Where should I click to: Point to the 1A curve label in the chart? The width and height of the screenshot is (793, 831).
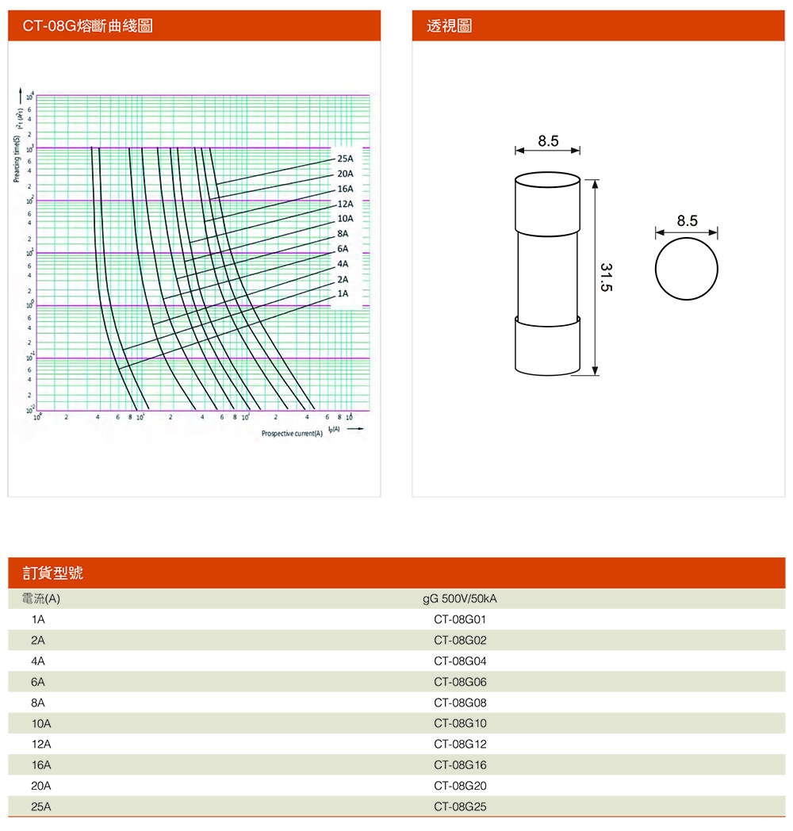pos(343,293)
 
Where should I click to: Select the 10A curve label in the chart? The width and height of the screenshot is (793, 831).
pos(345,218)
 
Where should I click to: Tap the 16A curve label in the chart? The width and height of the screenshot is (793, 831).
pos(345,189)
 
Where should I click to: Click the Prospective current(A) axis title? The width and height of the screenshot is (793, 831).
pos(293,434)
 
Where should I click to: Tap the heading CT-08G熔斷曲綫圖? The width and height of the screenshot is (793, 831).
pos(87,26)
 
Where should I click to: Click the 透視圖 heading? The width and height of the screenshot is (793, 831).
pos(449,26)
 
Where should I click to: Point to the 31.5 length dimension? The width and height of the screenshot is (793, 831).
pos(607,277)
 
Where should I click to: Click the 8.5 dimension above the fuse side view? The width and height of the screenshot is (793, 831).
pos(548,141)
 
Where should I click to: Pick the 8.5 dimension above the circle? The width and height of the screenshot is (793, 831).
pos(687,221)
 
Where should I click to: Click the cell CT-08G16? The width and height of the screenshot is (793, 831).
pos(460,765)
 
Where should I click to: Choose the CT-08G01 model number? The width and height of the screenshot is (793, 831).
pos(460,619)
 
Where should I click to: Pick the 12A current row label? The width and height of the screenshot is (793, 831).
pos(41,745)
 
